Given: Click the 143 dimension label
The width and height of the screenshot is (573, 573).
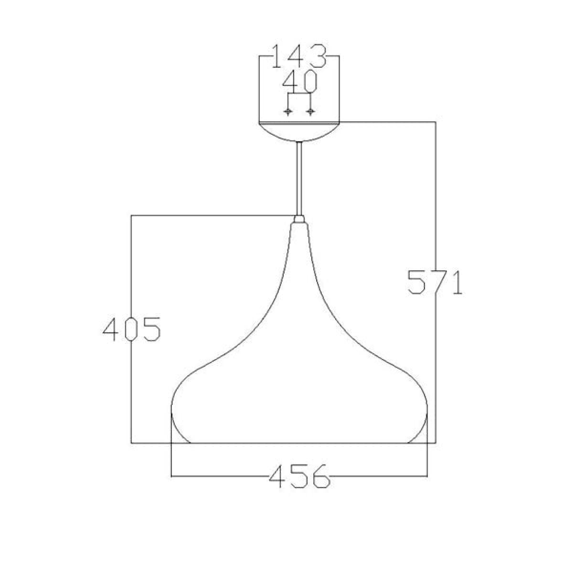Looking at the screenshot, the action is pyautogui.click(x=298, y=56).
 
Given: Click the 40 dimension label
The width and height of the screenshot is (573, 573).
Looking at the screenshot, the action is pyautogui.click(x=300, y=81).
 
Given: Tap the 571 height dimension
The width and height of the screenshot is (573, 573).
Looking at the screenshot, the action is pyautogui.click(x=435, y=282).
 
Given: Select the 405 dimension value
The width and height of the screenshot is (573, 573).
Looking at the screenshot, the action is pyautogui.click(x=131, y=329).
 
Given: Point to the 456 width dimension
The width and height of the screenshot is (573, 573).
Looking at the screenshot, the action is pyautogui.click(x=299, y=476).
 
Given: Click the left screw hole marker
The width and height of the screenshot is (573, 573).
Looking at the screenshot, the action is pyautogui.click(x=287, y=112).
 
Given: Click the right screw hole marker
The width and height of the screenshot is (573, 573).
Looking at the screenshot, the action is pyautogui.click(x=311, y=112).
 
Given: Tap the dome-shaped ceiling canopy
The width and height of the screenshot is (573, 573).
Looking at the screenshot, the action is pyautogui.click(x=299, y=131).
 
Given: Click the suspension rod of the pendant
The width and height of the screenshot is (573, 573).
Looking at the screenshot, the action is pyautogui.click(x=299, y=179).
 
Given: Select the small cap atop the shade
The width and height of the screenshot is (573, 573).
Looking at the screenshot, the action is pyautogui.click(x=299, y=219).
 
